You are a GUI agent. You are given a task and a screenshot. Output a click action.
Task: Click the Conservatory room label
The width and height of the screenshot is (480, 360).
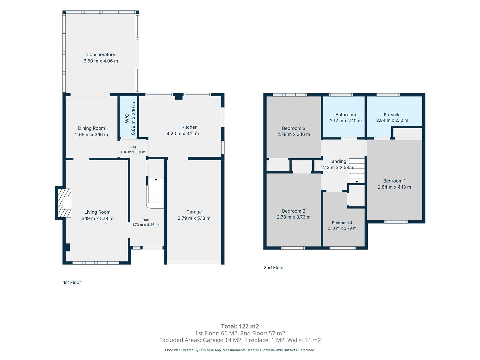(101, 54)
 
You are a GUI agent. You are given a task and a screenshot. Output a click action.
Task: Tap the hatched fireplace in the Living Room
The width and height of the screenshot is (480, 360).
(64, 203)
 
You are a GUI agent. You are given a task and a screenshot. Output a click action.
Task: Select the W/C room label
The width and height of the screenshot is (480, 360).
(127, 118)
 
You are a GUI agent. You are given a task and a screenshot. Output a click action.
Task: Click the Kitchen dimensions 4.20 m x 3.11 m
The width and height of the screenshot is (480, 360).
(183, 134)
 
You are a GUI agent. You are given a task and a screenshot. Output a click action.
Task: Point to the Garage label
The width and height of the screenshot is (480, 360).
(194, 212)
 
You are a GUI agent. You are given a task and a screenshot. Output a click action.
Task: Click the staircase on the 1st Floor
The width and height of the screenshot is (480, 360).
(155, 193)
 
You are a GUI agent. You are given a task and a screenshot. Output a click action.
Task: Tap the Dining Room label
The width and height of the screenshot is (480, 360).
(91, 128)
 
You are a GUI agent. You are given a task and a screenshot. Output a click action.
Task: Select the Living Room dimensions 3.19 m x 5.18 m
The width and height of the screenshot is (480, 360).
(98, 218)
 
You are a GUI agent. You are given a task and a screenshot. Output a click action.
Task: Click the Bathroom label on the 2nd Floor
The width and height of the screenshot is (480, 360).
(346, 115)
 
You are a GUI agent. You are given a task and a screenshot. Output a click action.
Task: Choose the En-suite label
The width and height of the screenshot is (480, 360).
(392, 115)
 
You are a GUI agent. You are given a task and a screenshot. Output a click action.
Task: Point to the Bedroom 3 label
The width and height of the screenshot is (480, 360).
(293, 128)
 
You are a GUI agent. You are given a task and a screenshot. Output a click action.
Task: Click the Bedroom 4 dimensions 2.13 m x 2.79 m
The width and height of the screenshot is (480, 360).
(342, 228)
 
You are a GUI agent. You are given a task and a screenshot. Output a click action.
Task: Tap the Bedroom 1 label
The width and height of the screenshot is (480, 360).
(394, 181)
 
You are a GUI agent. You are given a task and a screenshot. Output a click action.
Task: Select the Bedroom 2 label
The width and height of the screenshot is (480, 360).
(293, 211)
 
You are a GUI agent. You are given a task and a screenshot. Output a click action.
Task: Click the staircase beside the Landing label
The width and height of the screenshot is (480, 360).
(356, 171)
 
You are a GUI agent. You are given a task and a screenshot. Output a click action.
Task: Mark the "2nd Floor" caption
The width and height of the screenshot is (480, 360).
(274, 268)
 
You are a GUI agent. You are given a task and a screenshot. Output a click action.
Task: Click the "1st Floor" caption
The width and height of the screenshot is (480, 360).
(72, 282)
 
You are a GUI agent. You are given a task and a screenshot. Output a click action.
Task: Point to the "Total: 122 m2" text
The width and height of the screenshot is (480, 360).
(240, 326)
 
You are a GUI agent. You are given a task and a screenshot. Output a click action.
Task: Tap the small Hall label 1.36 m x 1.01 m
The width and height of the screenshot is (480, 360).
(133, 150)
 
